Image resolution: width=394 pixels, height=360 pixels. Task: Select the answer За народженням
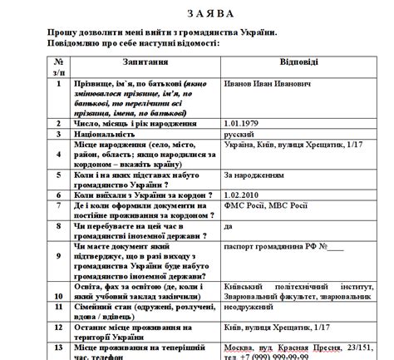pos(254,176)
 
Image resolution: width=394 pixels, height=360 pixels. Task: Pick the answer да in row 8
pos(229,226)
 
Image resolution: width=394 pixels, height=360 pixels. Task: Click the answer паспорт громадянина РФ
pos(278,246)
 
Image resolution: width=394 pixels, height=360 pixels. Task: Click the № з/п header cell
pos(58,67)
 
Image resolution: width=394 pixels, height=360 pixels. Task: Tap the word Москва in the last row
pos(240,345)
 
